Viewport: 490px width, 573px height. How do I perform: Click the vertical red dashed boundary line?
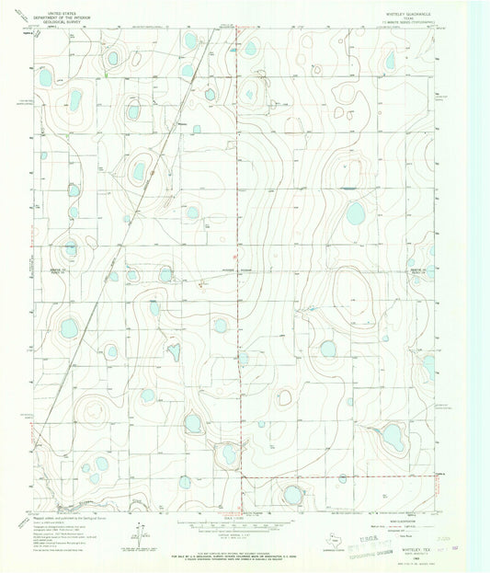(x=242, y=276)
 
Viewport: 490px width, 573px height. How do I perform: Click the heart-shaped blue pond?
(x=172, y=350)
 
